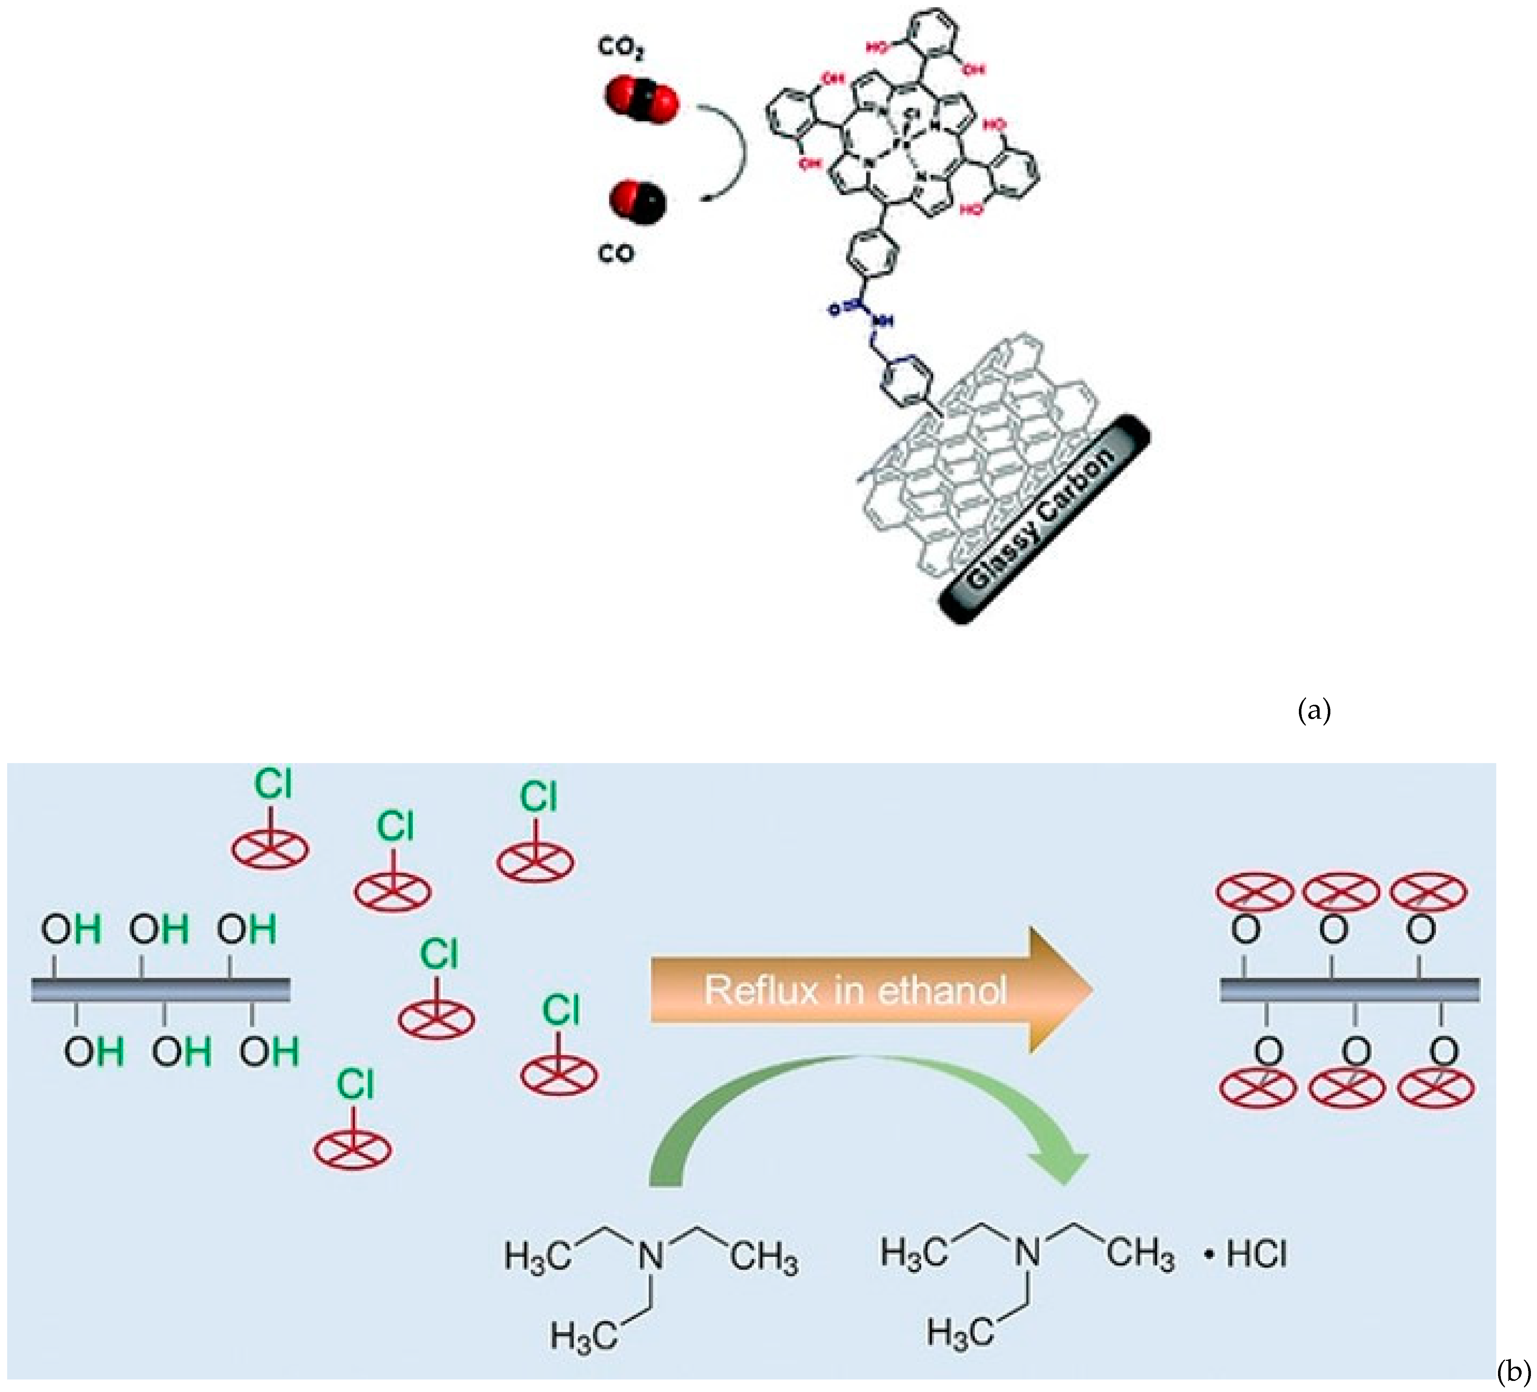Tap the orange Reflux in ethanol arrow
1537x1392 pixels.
tap(869, 990)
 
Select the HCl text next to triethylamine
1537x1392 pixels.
tap(1256, 1255)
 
